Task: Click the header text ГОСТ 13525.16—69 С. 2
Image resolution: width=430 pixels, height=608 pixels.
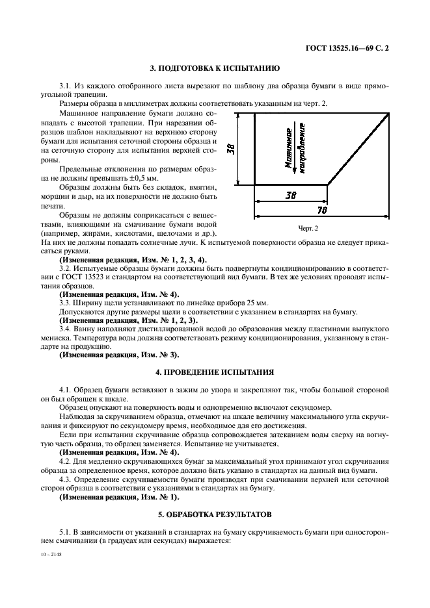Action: point(351,47)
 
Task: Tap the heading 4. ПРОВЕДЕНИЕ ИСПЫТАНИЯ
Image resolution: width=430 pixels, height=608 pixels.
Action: point(215,372)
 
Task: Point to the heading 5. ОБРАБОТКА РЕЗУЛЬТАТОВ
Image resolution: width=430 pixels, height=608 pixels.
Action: point(215,514)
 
